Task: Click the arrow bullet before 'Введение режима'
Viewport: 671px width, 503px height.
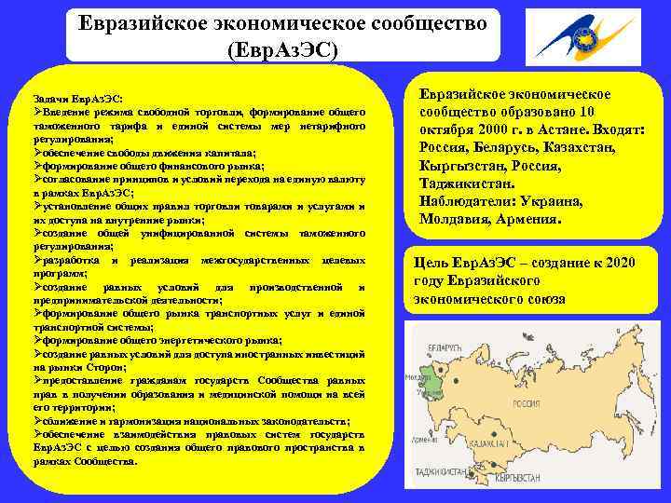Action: [36, 112]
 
